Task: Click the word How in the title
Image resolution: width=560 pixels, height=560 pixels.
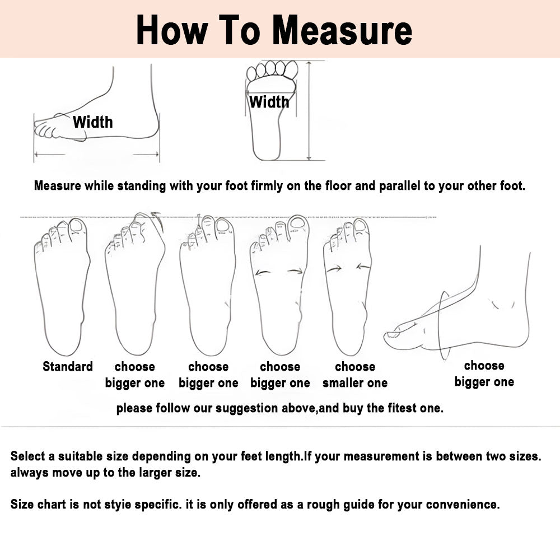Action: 171,30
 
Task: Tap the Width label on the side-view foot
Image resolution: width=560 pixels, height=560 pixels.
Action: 93,122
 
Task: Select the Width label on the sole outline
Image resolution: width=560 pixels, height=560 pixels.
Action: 269,102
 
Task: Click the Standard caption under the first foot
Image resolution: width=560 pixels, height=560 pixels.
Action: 68,366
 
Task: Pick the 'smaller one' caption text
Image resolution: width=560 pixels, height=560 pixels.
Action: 355,383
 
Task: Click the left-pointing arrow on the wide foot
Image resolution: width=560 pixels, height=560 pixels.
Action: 264,273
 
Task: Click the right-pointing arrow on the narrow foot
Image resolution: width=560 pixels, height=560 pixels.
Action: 334,269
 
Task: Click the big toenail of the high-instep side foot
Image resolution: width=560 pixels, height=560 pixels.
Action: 394,335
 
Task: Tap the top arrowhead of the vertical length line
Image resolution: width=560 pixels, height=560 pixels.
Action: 309,64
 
